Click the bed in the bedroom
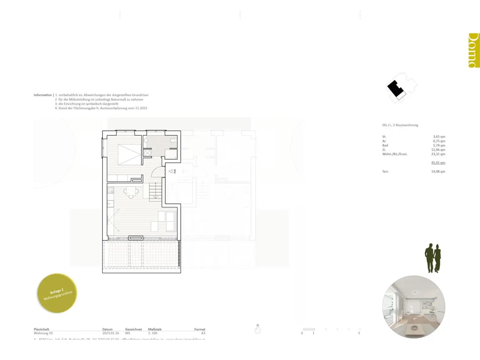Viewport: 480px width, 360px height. (x=129, y=154)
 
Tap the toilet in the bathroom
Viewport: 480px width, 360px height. (x=173, y=140)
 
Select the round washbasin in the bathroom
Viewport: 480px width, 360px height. (x=146, y=140)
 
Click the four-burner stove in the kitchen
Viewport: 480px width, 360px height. (x=111, y=190)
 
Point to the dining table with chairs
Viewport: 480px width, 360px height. (x=131, y=192)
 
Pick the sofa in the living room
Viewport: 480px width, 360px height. (x=171, y=221)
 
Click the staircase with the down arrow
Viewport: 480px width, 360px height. (x=155, y=191)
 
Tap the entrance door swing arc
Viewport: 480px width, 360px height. (x=159, y=172)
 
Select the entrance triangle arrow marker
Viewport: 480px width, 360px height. (x=171, y=171)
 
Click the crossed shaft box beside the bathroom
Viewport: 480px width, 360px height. (x=147, y=153)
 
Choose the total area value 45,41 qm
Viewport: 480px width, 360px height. (x=438, y=163)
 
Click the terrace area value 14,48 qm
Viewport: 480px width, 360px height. (x=438, y=172)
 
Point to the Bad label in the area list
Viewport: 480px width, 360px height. (x=385, y=145)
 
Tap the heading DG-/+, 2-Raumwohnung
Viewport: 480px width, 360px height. (x=400, y=125)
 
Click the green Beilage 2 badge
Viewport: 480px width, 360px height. (x=57, y=293)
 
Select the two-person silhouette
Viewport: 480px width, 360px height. (x=433, y=258)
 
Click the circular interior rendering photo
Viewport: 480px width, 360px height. (x=414, y=307)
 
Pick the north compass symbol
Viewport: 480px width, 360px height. (x=258, y=330)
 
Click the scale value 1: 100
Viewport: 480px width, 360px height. (x=153, y=333)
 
